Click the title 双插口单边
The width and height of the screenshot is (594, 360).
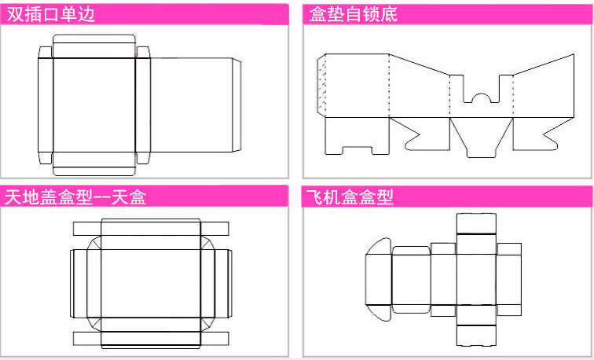point(52,13)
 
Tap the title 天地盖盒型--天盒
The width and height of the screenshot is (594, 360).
point(75,197)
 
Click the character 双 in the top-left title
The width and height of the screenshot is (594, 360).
point(14,13)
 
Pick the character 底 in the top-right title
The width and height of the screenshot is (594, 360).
point(390,14)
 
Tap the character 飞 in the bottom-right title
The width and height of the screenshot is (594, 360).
point(315,197)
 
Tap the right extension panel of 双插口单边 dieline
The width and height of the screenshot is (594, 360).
point(193,106)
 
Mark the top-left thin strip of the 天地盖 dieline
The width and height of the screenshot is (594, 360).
point(86,229)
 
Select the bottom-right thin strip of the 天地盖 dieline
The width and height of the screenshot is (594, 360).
point(216,338)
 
